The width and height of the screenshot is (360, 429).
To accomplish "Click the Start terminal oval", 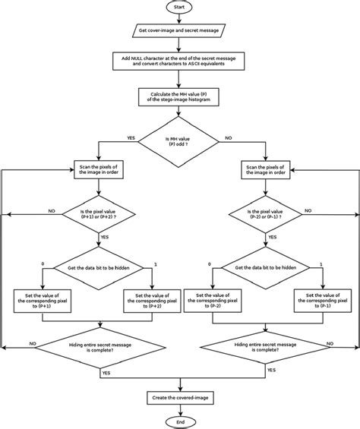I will [x=180, y=7].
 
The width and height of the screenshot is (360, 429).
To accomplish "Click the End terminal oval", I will [x=180, y=421].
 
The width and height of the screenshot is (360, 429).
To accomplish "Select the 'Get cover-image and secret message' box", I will [x=180, y=30].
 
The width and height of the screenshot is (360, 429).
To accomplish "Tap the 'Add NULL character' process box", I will [x=180, y=62].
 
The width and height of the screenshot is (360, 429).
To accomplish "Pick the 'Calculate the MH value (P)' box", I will [x=180, y=97].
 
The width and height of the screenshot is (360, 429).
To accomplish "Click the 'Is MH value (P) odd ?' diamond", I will [x=180, y=142].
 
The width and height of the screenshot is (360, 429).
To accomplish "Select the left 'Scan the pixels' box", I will [x=96, y=169].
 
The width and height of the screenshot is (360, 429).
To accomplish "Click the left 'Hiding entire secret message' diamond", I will [x=96, y=347].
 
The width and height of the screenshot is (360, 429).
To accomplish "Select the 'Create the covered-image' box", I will [x=180, y=397].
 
